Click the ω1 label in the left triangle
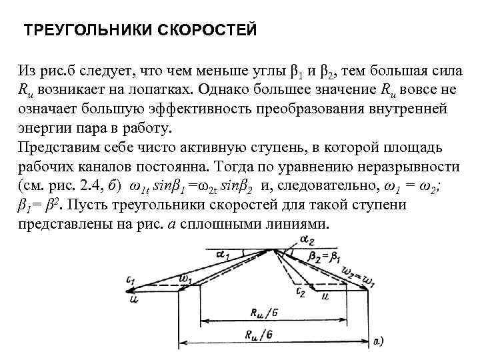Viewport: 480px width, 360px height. coord(187,276)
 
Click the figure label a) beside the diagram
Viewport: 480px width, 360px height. coord(377,341)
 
